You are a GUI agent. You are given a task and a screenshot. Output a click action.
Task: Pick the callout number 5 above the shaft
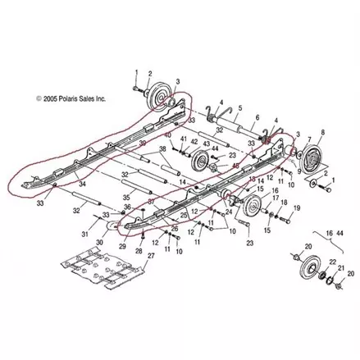click(239, 108)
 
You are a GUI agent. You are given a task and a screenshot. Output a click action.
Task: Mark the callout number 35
click(126, 198)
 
